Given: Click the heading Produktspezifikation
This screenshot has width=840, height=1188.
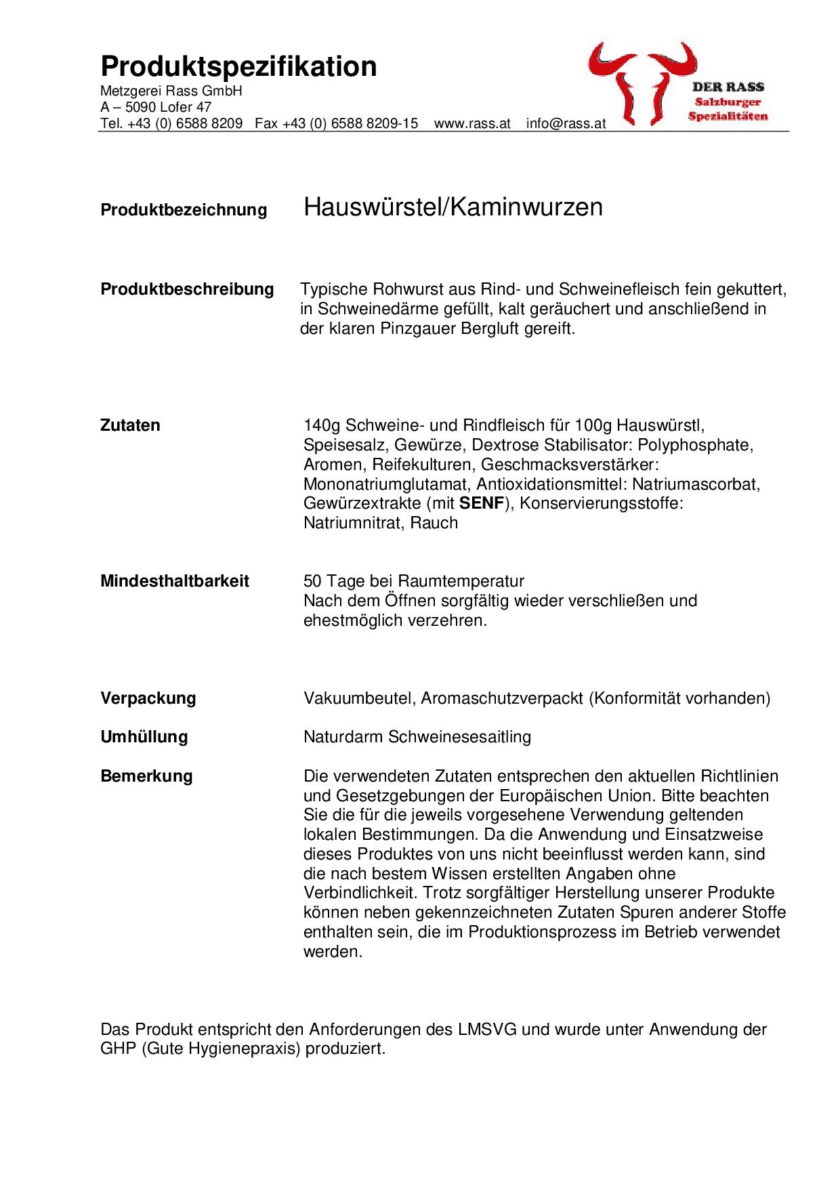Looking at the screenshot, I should coord(238,67).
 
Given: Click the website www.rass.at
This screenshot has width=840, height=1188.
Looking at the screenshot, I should coord(472,124).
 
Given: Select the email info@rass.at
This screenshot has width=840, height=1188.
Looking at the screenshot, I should coord(566,124).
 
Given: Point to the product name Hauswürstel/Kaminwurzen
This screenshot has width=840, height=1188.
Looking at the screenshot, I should coord(453,207).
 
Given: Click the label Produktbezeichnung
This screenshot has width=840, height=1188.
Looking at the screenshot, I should coord(184,210).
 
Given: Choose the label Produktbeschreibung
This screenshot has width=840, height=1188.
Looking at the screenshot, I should coord(187,289).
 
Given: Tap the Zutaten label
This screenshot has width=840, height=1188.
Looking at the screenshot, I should coord(130,425).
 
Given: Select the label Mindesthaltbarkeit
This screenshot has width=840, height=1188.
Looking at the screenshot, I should coord(174,581).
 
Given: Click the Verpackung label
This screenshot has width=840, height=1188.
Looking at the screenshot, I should coord(148,698).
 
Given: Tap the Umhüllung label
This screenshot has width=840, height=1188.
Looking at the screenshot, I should coord(144,737).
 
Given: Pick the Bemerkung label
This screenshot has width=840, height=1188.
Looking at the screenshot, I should coord(146,776).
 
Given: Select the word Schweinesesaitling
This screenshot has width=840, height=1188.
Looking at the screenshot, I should coord(459,737).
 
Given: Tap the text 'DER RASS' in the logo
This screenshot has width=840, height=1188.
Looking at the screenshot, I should coord(728,87).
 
